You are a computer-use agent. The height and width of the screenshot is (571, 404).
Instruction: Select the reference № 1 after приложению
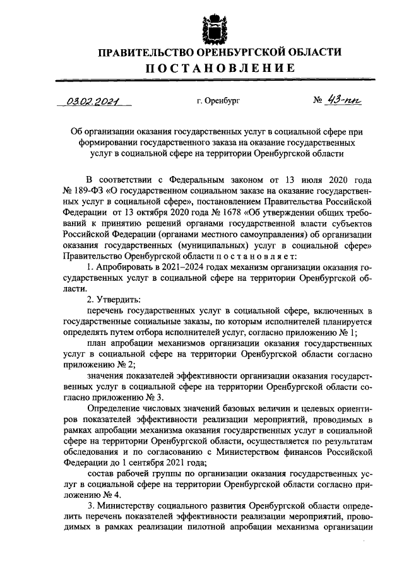point(348,332)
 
